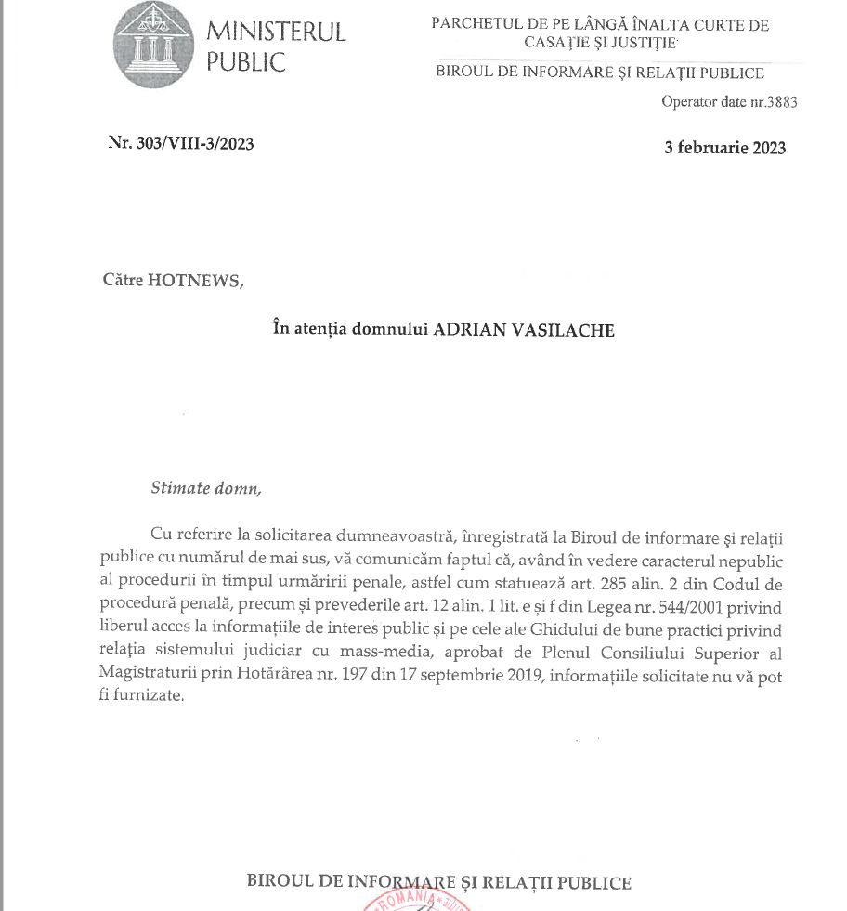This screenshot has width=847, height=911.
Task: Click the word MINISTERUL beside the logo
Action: [276, 33]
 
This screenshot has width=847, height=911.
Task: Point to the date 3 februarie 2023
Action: [725, 148]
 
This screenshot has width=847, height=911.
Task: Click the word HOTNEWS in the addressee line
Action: [194, 281]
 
